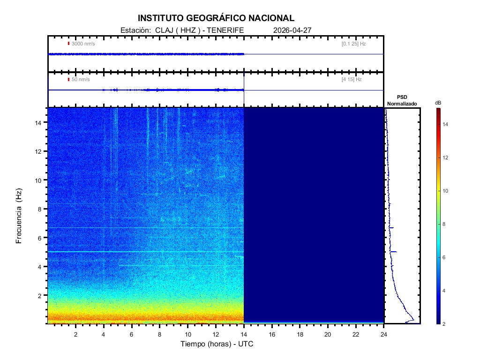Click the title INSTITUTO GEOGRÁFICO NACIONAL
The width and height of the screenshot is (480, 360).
click(216, 18)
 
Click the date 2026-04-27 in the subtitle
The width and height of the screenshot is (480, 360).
click(292, 30)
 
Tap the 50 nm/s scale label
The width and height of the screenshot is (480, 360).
click(80, 79)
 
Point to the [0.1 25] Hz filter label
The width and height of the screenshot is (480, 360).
click(353, 44)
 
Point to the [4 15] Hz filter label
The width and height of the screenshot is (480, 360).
click(352, 79)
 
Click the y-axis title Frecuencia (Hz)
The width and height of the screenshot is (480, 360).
click(19, 216)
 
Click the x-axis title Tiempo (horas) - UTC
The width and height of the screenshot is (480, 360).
click(217, 344)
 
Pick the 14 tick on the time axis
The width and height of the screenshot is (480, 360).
click(244, 334)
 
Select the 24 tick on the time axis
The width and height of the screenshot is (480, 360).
click(384, 334)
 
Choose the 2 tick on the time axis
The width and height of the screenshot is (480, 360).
click(75, 334)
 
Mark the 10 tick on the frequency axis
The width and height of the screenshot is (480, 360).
click(39, 180)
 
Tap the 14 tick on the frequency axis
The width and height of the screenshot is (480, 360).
click(39, 122)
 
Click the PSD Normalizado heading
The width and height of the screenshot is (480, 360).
click(402, 100)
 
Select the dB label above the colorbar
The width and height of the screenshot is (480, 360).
click(438, 103)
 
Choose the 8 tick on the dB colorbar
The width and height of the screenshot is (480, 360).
click(445, 225)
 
